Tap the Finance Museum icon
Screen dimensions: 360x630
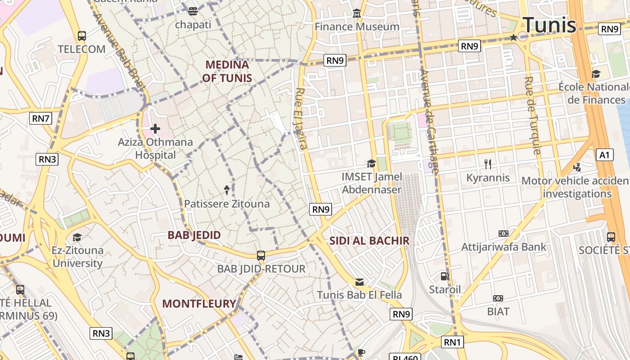click(357, 13)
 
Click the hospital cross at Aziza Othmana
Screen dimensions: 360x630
click(155, 129)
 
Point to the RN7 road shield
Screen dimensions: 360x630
click(41, 118)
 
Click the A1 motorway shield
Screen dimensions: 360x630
click(604, 155)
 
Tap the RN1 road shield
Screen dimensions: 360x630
click(452, 342)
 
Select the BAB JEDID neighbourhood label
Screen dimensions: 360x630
click(194, 235)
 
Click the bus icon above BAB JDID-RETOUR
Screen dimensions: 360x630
click(261, 256)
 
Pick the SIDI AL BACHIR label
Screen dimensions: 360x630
click(369, 240)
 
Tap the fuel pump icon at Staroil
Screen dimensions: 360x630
click(445, 276)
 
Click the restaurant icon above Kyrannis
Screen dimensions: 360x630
click(488, 164)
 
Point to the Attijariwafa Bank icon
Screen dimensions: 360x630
click(504, 234)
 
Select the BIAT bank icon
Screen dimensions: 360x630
click(498, 298)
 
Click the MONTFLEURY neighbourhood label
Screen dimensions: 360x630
click(199, 303)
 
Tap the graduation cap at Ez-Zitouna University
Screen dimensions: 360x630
click(77, 237)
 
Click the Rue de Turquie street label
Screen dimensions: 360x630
click(532, 116)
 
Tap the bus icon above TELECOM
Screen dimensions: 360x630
click(81, 36)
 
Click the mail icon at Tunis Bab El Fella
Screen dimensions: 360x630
click(359, 282)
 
